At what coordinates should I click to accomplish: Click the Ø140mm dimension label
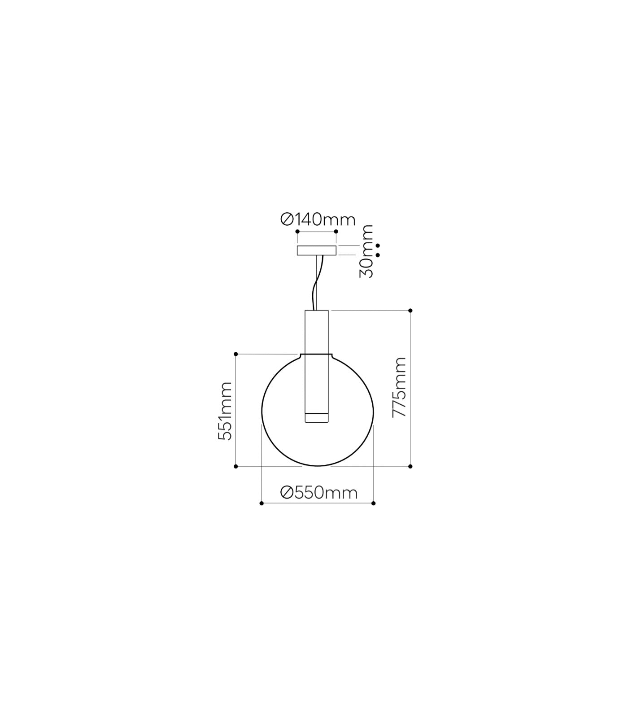pos(318,219)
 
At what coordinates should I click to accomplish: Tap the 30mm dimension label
pos(366,251)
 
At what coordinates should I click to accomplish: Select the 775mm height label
pos(399,387)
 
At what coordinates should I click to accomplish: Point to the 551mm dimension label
pos(225,411)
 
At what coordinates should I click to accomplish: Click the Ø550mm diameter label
pos(319,492)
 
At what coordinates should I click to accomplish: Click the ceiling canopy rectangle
pos(316,250)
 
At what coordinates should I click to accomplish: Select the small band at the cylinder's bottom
pos(317,416)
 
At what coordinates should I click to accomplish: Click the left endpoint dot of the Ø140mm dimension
pos(297,232)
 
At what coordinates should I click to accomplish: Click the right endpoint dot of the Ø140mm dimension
pos(336,232)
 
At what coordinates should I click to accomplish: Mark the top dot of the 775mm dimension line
pos(410,311)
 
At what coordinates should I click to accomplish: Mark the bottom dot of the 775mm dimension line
pos(410,467)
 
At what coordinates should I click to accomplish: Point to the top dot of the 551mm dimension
pos(236,354)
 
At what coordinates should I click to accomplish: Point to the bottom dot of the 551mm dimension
pos(236,467)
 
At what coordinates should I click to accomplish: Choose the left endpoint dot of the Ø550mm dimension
pos(262,503)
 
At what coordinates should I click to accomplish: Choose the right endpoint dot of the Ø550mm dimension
pos(374,503)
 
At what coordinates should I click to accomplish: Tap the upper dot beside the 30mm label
pos(378,245)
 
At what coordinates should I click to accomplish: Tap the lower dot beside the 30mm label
pos(378,255)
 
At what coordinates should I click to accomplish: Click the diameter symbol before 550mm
pos(287,493)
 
